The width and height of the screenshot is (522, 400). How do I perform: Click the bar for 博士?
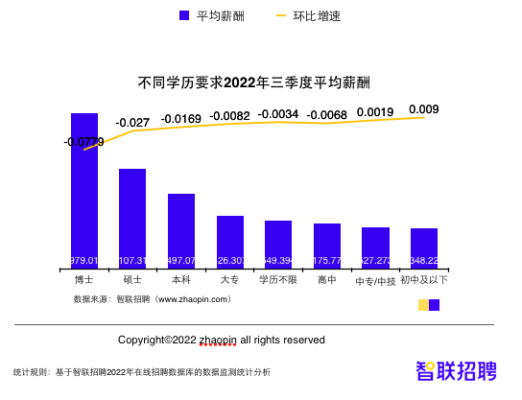pos(84,192)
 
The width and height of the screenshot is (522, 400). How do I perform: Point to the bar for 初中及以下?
pos(424,249)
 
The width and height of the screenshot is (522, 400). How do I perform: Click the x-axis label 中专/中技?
pos(375,281)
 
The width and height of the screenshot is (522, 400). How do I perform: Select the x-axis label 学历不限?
pos(278,280)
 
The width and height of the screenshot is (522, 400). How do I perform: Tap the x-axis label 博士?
pos(84,280)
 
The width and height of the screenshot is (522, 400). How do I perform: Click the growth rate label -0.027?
pos(132,123)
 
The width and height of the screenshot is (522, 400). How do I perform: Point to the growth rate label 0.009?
pos(424,108)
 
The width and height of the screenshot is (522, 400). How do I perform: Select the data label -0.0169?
pos(181,119)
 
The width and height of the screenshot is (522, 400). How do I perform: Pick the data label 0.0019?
pos(375,111)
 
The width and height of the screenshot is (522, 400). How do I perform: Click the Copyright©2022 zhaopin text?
pos(222,340)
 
